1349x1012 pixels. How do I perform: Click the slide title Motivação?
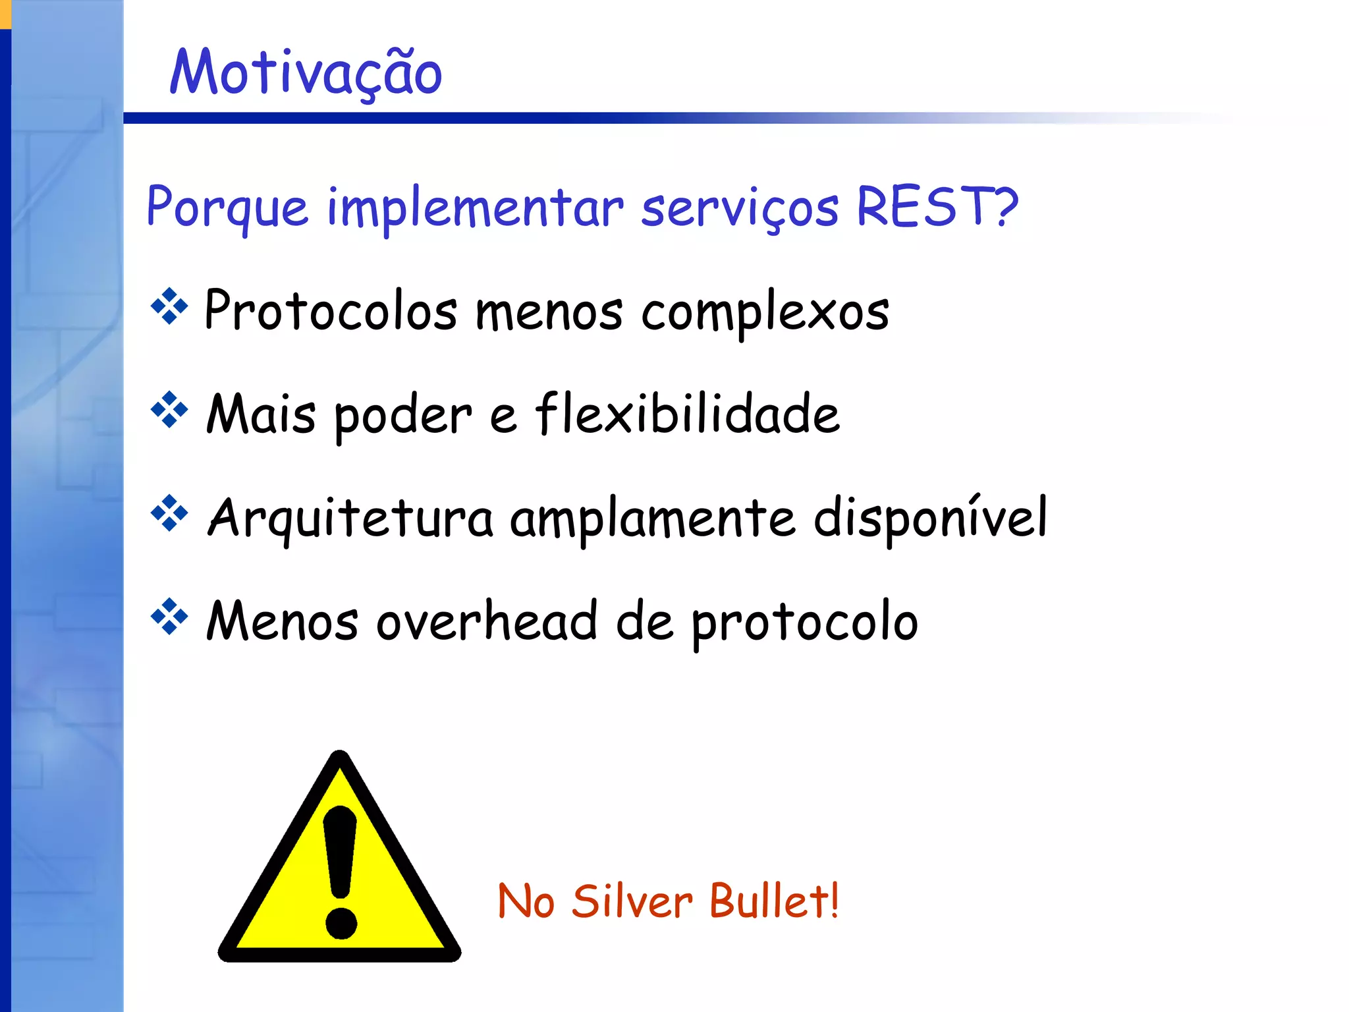(x=306, y=72)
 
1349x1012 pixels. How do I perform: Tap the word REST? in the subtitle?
(x=937, y=206)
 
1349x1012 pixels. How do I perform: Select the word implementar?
(x=475, y=208)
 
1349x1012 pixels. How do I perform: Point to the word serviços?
(x=740, y=208)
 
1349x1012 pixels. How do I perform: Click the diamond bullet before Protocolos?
(x=169, y=306)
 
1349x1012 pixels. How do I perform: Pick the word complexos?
(x=765, y=312)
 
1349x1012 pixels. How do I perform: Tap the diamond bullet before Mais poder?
(x=169, y=410)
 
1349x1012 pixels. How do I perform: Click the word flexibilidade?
(x=687, y=414)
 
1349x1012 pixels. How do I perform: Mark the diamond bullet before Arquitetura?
(x=169, y=513)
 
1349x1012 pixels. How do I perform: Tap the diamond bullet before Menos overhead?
(x=169, y=617)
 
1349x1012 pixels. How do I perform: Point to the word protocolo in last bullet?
(x=804, y=623)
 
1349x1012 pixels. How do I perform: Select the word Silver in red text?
(x=631, y=901)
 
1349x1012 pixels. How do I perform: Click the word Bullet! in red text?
(x=775, y=901)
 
